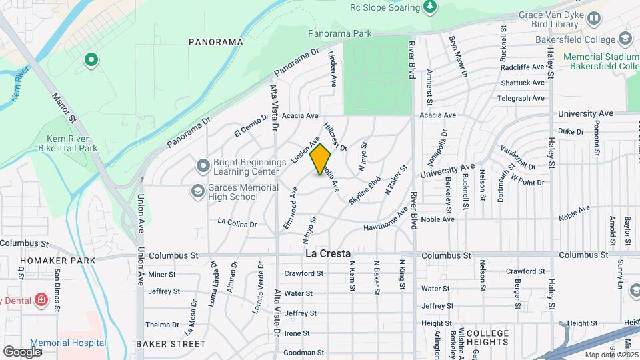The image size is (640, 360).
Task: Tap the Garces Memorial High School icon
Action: [197, 191]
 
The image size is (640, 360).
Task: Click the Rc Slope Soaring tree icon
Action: [430, 7]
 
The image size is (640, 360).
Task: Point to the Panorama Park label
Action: [339, 33]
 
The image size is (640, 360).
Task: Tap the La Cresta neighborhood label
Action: [328, 254]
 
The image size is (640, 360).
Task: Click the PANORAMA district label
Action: [215, 41]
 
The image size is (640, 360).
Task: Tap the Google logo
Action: [23, 351]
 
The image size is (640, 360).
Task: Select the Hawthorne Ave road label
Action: [385, 220]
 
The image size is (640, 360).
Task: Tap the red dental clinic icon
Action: [41, 300]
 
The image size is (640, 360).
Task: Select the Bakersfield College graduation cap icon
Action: [625, 38]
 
